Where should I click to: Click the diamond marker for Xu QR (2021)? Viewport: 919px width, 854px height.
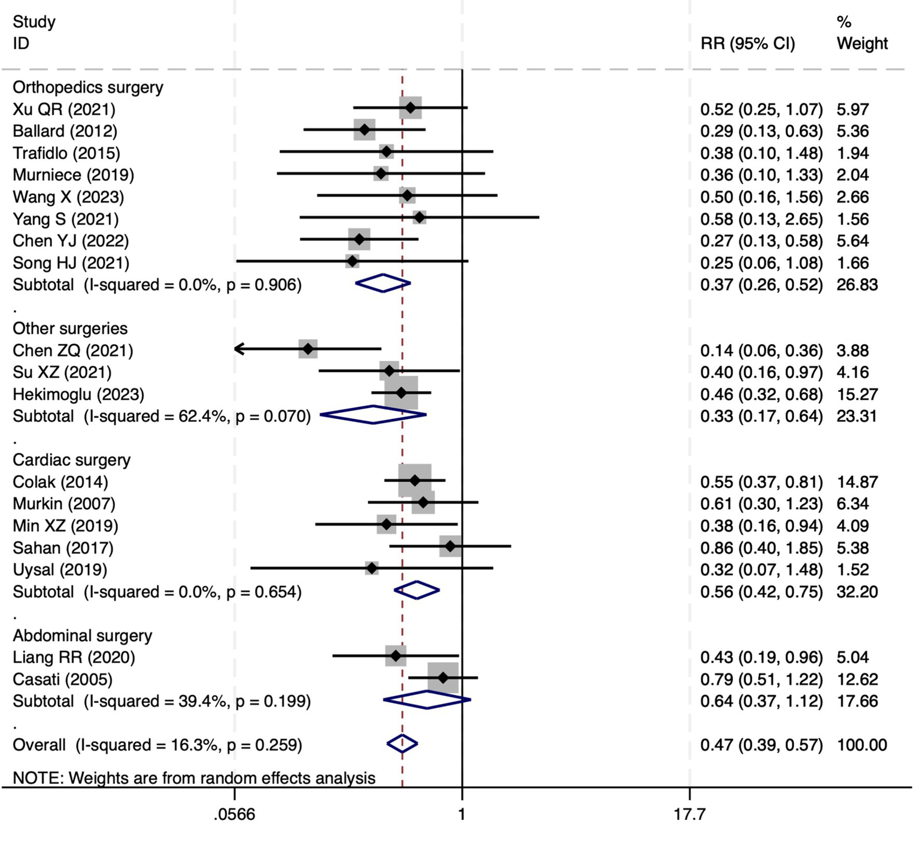[x=410, y=108]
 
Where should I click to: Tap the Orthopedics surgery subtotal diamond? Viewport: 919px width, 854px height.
[x=383, y=283]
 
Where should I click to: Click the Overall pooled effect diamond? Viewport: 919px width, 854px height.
[x=402, y=744]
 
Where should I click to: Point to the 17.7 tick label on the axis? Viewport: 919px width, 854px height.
[x=689, y=814]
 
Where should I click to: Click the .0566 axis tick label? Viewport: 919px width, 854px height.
[x=234, y=814]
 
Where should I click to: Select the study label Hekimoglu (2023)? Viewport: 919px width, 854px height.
[x=78, y=394]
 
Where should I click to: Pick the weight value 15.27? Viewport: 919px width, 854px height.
[x=857, y=394]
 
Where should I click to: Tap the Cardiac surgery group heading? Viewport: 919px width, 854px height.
[x=71, y=460]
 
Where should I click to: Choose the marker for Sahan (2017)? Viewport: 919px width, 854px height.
[x=450, y=547]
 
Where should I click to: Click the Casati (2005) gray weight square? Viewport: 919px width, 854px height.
[x=443, y=678]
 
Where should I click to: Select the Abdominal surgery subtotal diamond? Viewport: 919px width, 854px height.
[x=427, y=700]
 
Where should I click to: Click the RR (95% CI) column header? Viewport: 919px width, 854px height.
[x=747, y=43]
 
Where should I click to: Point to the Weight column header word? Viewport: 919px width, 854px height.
[x=862, y=43]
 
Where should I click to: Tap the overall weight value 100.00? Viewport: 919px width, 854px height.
[x=862, y=745]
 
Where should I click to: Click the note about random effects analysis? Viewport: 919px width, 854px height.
[x=194, y=778]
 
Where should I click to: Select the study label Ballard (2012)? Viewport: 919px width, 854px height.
[x=65, y=131]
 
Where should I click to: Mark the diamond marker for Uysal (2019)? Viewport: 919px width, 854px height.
[x=372, y=568]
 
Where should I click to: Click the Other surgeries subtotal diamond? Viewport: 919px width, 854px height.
[x=373, y=415]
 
